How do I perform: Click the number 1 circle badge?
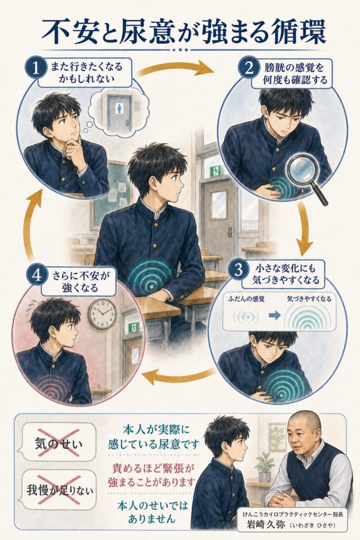tap(36, 68)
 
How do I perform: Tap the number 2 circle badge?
tap(249, 69)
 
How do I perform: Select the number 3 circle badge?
tap(239, 269)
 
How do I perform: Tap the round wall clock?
tap(102, 313)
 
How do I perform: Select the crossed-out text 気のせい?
tap(59, 442)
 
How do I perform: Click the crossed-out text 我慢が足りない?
tap(60, 490)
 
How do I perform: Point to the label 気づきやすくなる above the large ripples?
tap(309, 299)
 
